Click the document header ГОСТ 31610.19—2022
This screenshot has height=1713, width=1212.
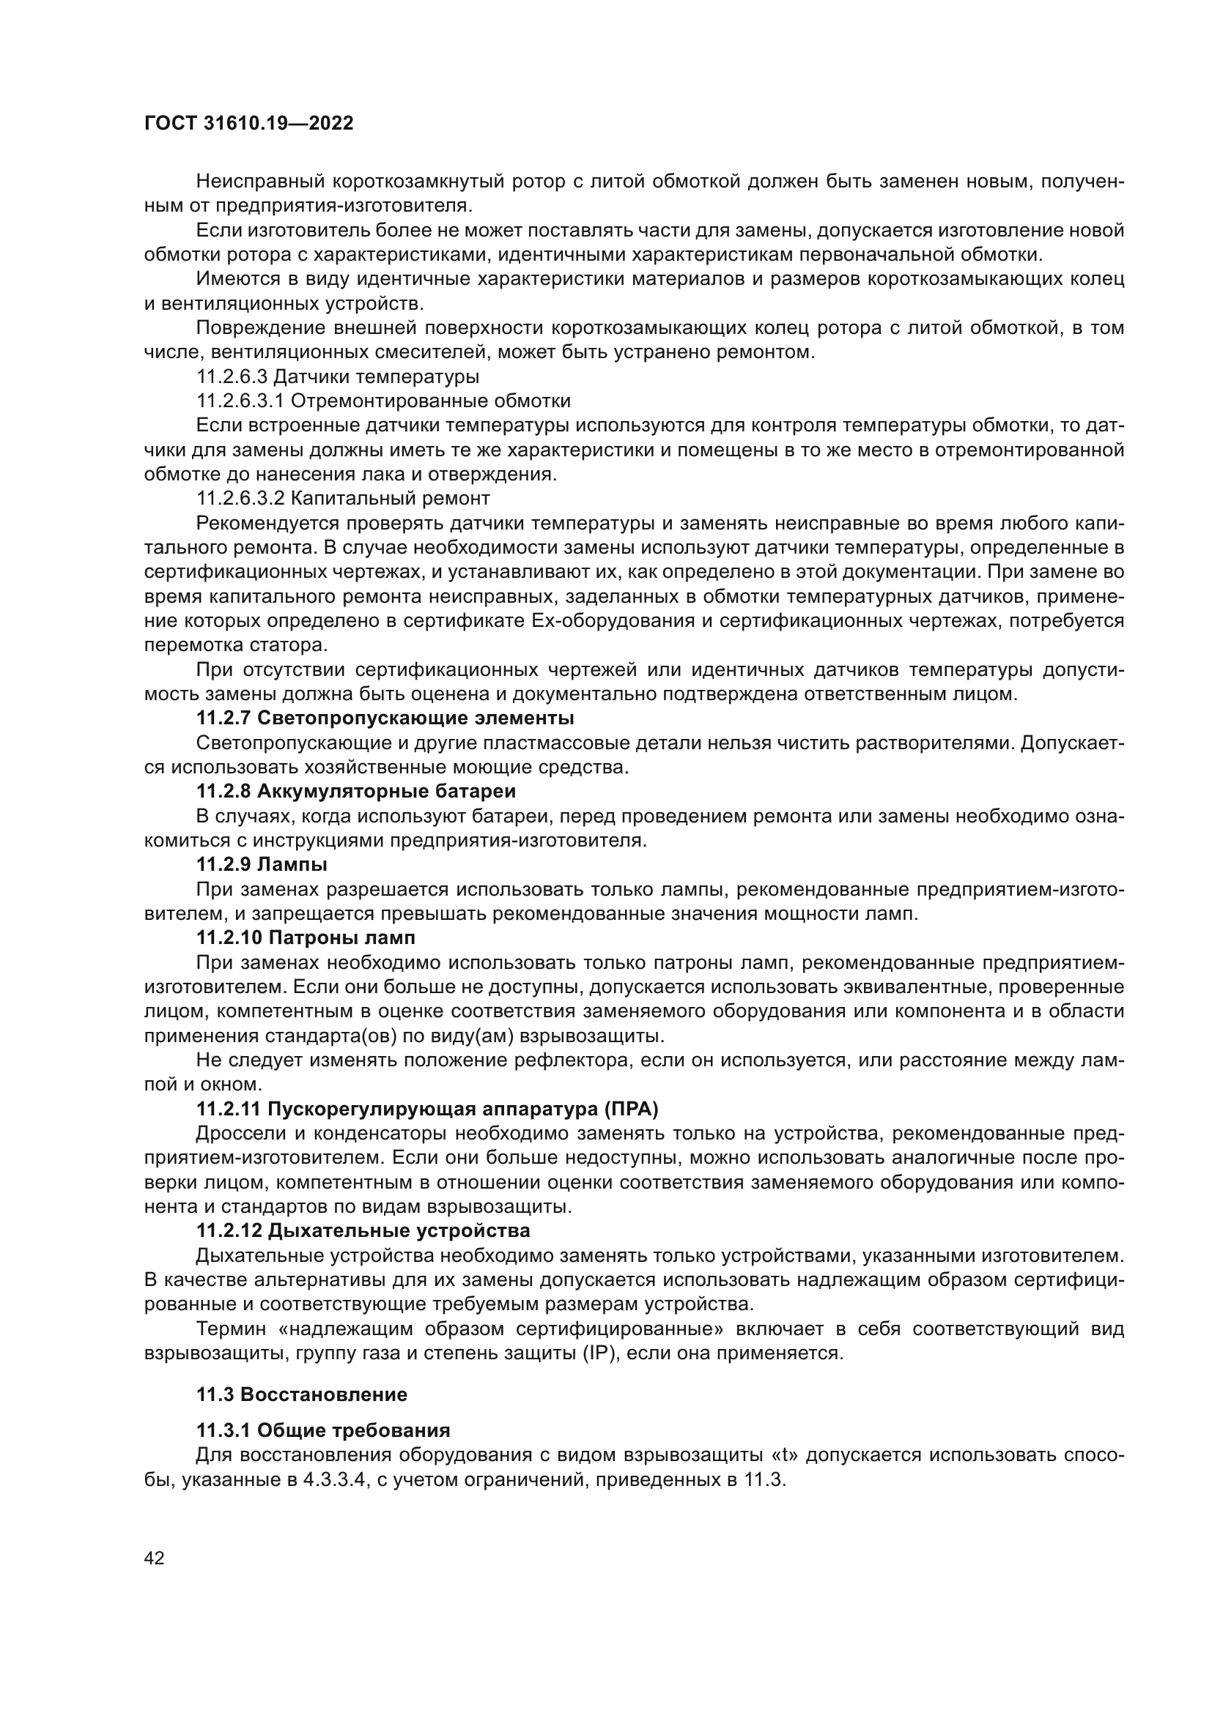(x=248, y=124)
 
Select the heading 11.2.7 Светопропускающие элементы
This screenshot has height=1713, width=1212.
(x=385, y=718)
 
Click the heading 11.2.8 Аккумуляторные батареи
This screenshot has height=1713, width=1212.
(x=356, y=791)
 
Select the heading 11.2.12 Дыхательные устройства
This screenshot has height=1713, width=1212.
(x=363, y=1230)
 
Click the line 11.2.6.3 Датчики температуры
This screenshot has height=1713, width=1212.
(x=337, y=376)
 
